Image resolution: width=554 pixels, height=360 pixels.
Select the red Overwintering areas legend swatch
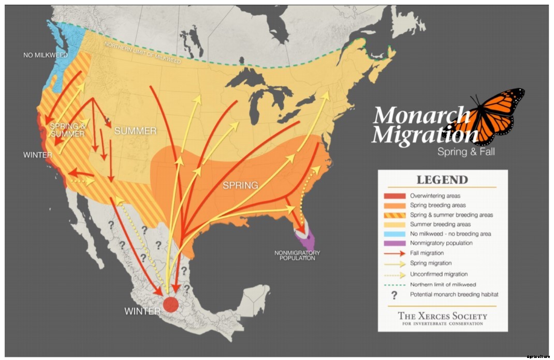pyautogui.click(x=395, y=196)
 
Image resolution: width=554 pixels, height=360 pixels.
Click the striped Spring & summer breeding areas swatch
pyautogui.click(x=395, y=215)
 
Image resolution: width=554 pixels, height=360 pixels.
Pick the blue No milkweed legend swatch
pyautogui.click(x=395, y=234)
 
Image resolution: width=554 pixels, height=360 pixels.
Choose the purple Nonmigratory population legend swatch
pyautogui.click(x=395, y=243)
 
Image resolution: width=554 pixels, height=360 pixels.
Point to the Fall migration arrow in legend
pyautogui.click(x=395, y=253)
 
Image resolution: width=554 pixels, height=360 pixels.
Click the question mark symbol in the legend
pyautogui.click(x=395, y=295)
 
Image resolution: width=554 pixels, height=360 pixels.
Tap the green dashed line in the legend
pyautogui.click(x=395, y=284)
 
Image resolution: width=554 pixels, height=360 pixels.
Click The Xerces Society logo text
pyautogui.click(x=442, y=317)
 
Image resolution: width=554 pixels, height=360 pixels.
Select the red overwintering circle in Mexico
pyautogui.click(x=170, y=304)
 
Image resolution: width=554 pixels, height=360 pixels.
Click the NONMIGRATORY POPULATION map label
pyautogui.click(x=297, y=255)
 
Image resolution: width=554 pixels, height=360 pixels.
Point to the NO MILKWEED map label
pyautogui.click(x=46, y=54)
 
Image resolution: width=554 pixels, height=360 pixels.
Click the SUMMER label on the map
pyautogui.click(x=135, y=131)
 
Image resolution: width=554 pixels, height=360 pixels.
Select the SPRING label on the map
pyautogui.click(x=240, y=185)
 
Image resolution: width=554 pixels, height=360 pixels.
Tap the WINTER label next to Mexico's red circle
pyautogui.click(x=142, y=311)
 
